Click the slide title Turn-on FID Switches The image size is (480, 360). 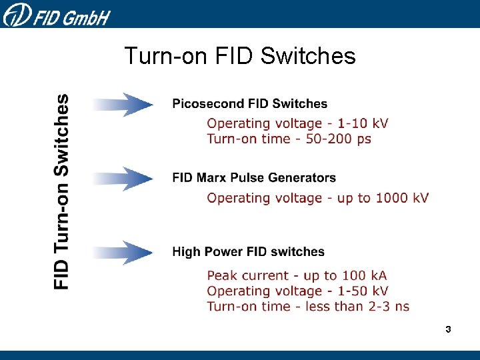[x=240, y=56]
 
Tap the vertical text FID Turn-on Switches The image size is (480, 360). [x=61, y=191]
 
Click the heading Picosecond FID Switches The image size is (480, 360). [x=250, y=103]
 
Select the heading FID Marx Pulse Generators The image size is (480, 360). [x=254, y=178]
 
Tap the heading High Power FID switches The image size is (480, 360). [x=249, y=252]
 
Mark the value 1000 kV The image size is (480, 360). [x=402, y=198]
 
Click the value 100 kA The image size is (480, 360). [x=364, y=275]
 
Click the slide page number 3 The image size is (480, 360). [x=448, y=329]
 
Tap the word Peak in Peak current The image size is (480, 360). [x=221, y=275]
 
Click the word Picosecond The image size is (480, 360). [x=209, y=103]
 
